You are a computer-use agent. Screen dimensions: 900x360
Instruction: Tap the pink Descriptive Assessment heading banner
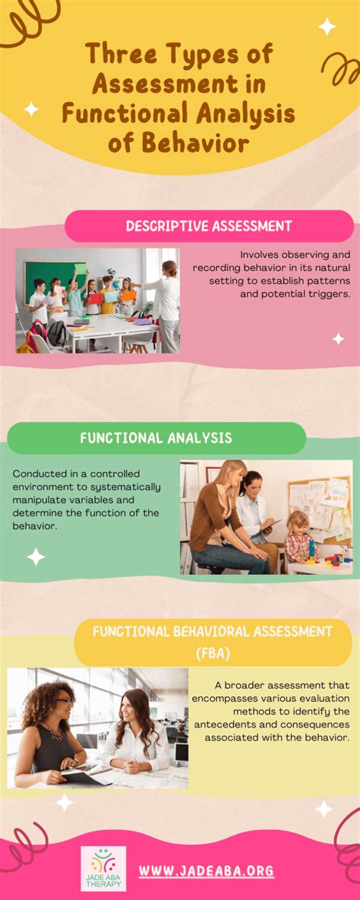point(209,226)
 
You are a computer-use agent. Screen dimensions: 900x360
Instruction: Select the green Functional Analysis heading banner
point(156,438)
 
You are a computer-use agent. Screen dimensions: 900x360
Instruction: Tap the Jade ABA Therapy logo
point(104,867)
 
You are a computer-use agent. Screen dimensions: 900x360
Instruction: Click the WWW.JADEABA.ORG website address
point(206,870)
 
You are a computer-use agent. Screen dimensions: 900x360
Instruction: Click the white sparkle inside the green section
point(36,557)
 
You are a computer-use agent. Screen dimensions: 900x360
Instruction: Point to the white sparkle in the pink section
point(338,339)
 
